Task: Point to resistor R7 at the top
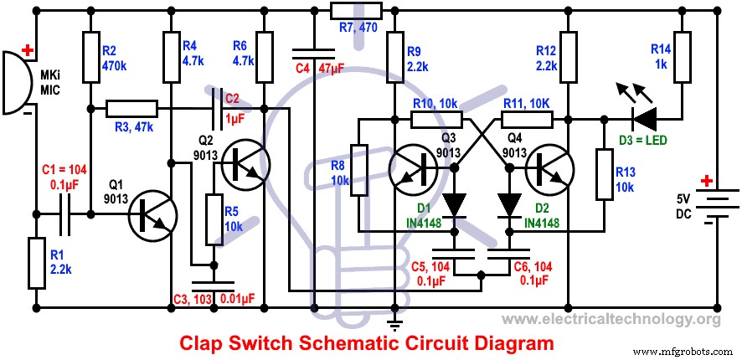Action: click(x=355, y=10)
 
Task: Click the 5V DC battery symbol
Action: click(x=719, y=205)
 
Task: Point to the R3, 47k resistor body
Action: click(x=131, y=107)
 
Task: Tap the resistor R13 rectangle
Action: click(x=602, y=174)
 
